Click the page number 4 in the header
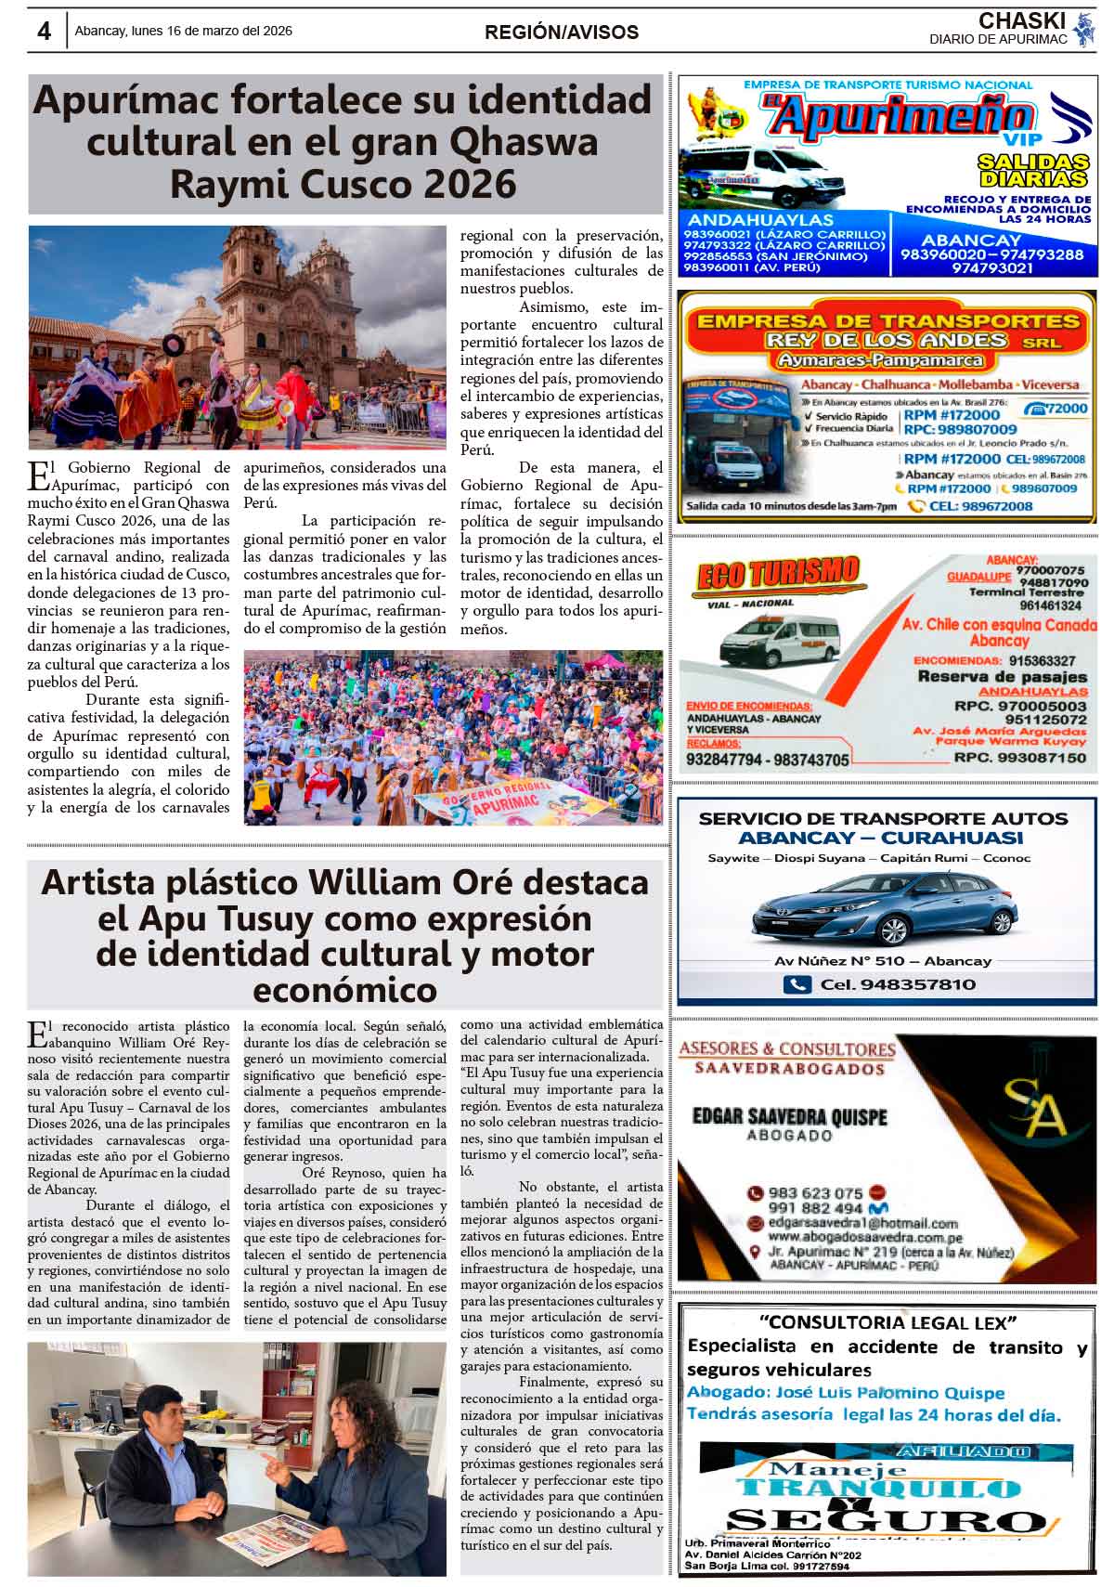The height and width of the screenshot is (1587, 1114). [x=44, y=32]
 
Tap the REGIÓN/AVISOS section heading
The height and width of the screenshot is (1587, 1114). [x=561, y=33]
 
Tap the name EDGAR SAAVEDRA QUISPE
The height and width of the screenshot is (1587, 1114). [x=789, y=1117]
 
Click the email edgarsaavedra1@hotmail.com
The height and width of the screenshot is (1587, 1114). [x=863, y=1223]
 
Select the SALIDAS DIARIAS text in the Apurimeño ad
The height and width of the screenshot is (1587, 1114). [x=1031, y=170]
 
